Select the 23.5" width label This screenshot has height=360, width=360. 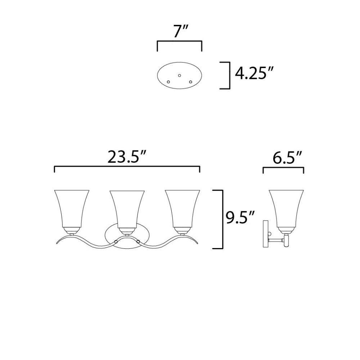click(127, 157)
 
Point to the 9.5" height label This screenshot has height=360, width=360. click(240, 217)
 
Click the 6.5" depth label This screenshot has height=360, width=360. click(287, 158)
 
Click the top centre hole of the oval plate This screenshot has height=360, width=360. click(180, 75)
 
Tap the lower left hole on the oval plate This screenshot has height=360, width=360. click(168, 82)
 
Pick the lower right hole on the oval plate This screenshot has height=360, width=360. click(190, 82)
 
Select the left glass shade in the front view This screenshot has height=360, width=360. click(72, 208)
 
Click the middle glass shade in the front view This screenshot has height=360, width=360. click(127, 208)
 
